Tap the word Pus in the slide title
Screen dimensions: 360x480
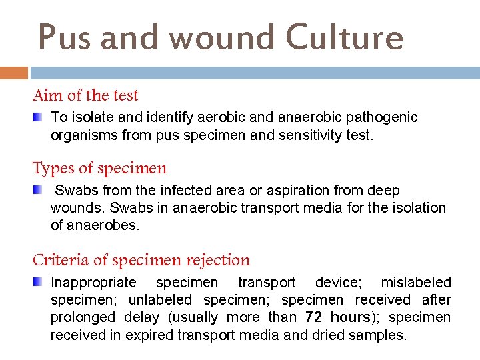59,37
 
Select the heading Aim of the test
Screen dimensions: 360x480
85,95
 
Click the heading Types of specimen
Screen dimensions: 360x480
99,168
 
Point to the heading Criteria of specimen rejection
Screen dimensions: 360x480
141,260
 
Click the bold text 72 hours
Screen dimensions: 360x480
337,317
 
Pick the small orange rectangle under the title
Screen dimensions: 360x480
14,73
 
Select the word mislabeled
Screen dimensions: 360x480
416,283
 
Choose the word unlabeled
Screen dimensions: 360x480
160,300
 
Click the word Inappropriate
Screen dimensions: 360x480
93,283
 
